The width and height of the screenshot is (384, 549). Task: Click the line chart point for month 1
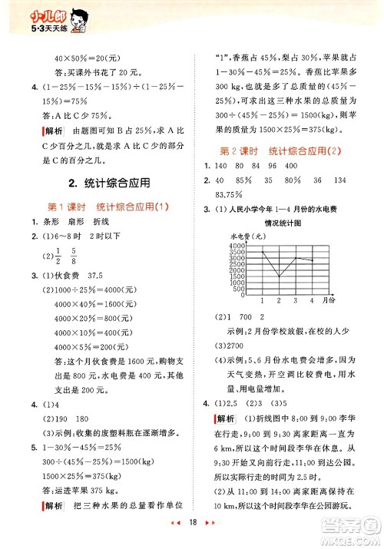click(262, 252)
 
